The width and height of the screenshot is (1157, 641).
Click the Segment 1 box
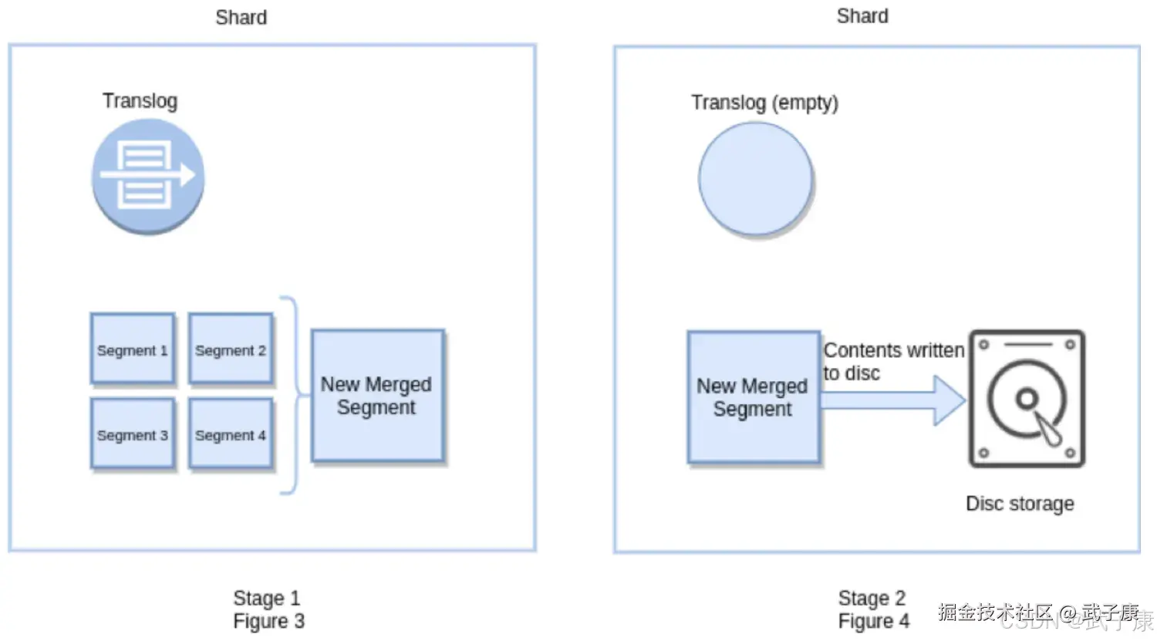132,349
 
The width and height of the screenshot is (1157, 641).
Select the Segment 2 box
231,349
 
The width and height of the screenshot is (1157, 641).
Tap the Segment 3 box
132,434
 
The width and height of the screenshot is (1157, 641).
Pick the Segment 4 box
231,434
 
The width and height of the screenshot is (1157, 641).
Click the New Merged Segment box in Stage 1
377,396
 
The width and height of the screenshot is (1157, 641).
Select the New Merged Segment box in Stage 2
754,397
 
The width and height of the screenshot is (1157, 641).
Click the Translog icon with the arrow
148,176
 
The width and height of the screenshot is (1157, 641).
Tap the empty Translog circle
755,179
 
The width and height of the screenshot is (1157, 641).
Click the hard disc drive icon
1027,399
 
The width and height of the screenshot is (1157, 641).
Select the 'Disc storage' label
1020,504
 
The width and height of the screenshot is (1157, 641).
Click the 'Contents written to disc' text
893,362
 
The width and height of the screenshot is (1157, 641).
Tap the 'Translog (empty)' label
764,103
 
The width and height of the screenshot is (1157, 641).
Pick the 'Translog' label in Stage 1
140,101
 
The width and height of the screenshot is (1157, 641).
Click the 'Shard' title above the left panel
241,18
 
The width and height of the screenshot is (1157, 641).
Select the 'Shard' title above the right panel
862,16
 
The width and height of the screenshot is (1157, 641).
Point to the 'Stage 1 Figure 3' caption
268,609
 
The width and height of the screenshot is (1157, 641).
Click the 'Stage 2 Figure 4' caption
873,609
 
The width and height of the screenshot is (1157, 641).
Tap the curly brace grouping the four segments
291,395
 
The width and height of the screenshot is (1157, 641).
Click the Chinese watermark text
1038,613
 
